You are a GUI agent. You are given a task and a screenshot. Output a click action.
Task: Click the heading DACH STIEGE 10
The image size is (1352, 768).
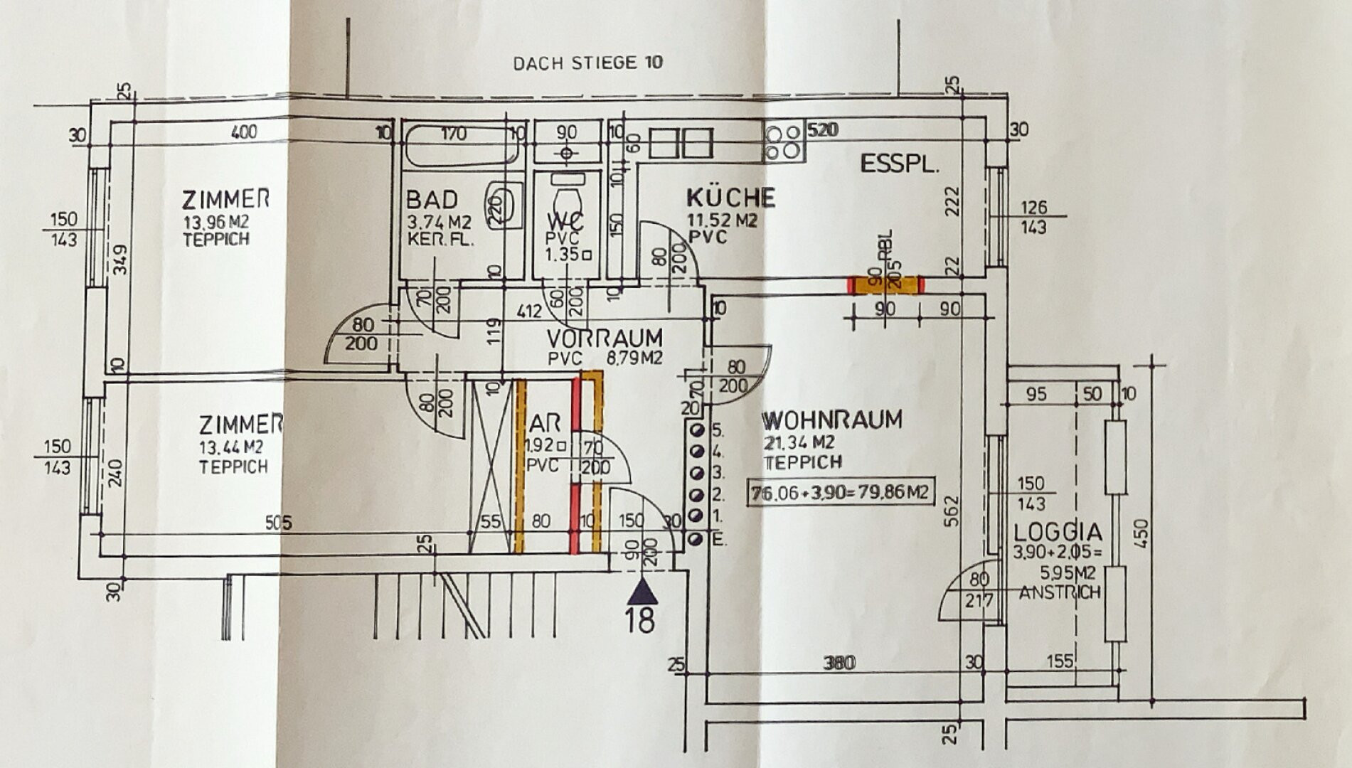pos(587,63)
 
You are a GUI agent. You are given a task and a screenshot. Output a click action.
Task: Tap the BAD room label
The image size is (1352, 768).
pos(432,199)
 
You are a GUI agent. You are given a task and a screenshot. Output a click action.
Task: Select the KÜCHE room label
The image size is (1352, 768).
pos(730,196)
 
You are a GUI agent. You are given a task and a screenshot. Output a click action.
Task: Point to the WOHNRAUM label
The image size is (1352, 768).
pos(832,420)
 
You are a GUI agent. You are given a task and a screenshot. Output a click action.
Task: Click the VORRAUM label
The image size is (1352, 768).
pos(605,338)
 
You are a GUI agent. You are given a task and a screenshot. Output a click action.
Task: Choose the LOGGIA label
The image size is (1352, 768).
pos(1058,532)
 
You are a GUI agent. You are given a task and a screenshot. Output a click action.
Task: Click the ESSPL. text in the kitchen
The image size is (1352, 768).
pos(900,164)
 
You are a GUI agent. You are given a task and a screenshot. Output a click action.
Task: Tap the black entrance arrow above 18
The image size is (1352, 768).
pos(642,591)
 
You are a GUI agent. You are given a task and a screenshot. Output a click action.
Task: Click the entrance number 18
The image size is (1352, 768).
pos(640,619)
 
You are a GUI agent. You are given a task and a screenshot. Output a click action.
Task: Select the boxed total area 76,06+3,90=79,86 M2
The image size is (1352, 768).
pos(840,491)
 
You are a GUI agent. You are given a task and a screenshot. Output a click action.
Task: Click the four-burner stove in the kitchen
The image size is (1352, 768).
pos(784,141)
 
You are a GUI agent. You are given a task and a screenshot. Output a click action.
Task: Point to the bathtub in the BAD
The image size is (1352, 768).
pos(460,145)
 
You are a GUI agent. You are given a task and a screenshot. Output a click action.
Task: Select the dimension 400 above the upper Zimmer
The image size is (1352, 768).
pos(244,132)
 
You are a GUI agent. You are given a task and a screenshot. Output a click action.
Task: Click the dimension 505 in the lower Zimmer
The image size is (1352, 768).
pos(278,523)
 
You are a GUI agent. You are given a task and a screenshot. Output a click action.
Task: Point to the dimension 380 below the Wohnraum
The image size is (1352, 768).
pos(839,663)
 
